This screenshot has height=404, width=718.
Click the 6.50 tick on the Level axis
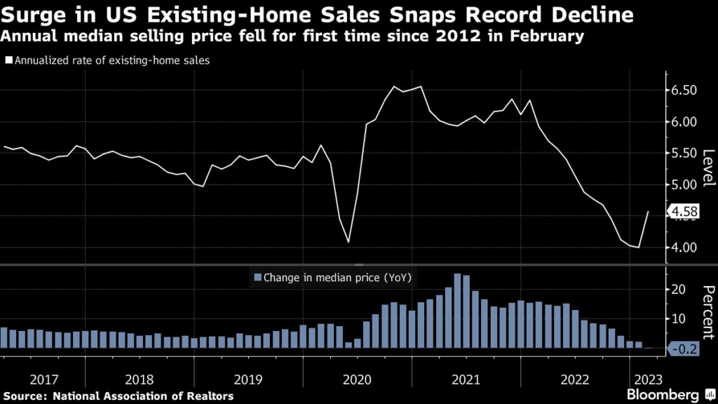(x=684, y=90)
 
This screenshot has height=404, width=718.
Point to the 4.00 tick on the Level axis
(x=684, y=248)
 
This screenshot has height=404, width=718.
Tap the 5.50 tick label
(x=684, y=154)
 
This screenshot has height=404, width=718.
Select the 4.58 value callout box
(x=684, y=211)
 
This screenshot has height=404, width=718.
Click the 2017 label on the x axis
(x=43, y=379)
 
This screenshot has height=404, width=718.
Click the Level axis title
(x=707, y=168)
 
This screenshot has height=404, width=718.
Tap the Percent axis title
(x=707, y=309)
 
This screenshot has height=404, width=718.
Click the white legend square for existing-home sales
(x=8, y=60)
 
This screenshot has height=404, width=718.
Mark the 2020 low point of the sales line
(x=348, y=243)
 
